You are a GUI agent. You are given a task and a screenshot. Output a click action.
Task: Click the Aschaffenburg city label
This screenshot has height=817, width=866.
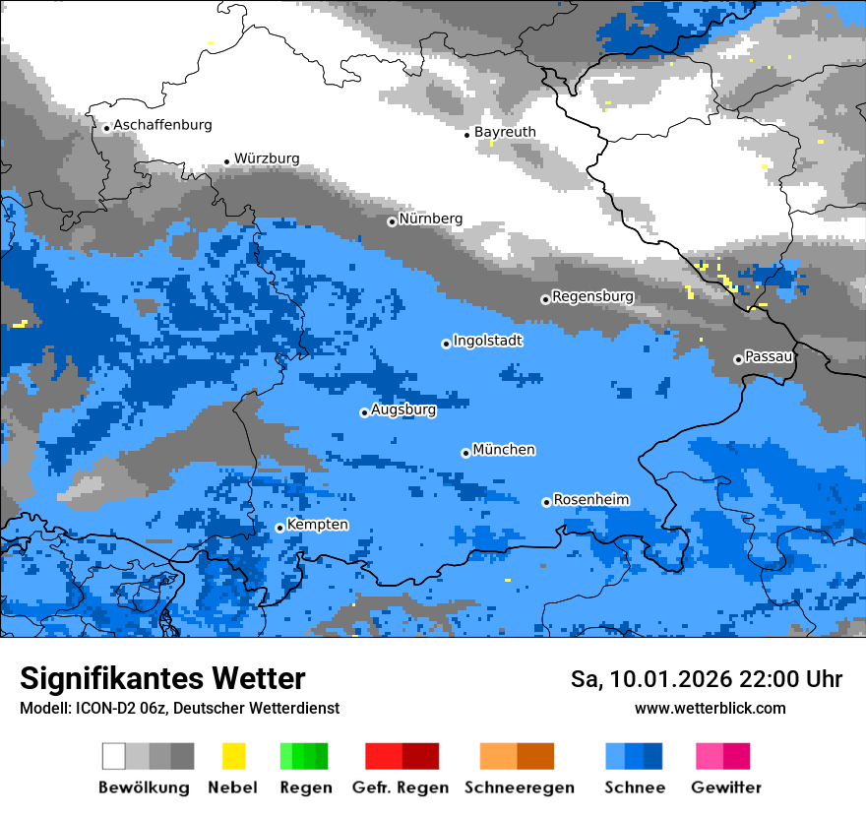tap(162, 125)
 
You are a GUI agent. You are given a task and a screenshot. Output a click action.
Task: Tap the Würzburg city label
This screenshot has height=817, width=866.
tap(267, 158)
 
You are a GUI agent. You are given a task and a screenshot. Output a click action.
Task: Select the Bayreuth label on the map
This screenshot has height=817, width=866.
tap(505, 132)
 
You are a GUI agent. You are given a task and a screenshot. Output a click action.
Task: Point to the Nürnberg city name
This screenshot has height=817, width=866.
tap(430, 219)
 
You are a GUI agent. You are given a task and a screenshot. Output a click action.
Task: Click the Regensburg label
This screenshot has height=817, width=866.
tap(592, 296)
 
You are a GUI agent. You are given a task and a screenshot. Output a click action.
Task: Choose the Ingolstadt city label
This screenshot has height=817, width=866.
tap(487, 341)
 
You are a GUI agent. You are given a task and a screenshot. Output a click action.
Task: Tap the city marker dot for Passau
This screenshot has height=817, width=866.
tap(738, 359)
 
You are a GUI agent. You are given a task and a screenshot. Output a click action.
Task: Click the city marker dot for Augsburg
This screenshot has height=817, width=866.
tap(364, 412)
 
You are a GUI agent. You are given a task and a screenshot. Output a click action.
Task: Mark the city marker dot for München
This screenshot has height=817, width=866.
tap(465, 453)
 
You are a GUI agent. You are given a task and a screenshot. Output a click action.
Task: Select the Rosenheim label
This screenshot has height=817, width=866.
tap(590, 500)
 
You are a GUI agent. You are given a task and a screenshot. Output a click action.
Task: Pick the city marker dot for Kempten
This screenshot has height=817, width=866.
tap(279, 528)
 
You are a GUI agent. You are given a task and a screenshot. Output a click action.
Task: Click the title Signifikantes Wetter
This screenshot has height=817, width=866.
tap(162, 679)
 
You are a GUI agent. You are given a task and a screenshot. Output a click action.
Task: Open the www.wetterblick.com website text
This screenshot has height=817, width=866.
tap(710, 708)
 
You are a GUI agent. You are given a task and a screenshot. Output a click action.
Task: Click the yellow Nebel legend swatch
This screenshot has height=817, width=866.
tap(233, 756)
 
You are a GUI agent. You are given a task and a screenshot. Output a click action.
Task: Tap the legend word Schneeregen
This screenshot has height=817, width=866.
tap(519, 787)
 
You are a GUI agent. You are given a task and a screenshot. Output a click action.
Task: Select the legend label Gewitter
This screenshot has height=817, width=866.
tap(725, 787)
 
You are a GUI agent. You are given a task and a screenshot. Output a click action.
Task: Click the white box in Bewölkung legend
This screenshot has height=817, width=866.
tap(114, 756)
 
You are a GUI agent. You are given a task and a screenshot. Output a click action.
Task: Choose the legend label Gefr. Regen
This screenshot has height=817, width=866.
tap(401, 787)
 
